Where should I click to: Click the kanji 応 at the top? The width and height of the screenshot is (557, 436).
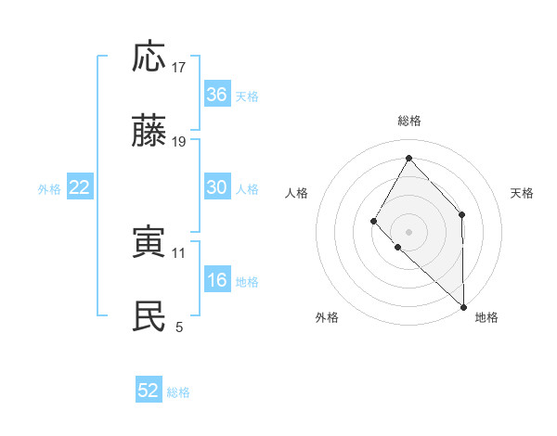(x=149, y=57)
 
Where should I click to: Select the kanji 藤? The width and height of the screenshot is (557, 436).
(x=149, y=131)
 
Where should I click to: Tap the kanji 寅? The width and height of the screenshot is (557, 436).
(x=149, y=242)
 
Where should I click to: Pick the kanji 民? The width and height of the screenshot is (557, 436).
(x=149, y=316)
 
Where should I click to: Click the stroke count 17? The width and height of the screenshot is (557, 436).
(x=179, y=68)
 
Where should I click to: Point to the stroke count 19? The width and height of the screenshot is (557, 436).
(x=179, y=142)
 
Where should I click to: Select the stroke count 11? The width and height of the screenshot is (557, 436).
(x=179, y=252)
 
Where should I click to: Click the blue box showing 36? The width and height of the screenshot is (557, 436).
(x=217, y=95)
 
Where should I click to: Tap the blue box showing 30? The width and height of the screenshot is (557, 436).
(x=217, y=187)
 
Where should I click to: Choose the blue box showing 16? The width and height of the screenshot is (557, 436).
(x=217, y=280)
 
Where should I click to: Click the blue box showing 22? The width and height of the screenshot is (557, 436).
(x=80, y=187)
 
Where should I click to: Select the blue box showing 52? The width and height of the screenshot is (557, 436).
(x=149, y=391)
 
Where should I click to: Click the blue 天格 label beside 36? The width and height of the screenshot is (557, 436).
(x=247, y=96)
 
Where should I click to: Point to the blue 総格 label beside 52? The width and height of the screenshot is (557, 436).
(x=178, y=392)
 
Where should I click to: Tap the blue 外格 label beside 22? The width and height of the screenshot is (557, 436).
(x=49, y=188)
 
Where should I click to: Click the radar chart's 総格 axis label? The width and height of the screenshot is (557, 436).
(x=409, y=121)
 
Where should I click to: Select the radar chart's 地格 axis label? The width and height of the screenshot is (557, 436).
(x=486, y=317)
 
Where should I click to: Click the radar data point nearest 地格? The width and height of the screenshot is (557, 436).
(x=463, y=306)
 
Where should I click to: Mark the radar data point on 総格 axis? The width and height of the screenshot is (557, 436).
(x=408, y=157)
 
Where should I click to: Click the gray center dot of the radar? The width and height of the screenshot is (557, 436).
(x=408, y=232)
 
